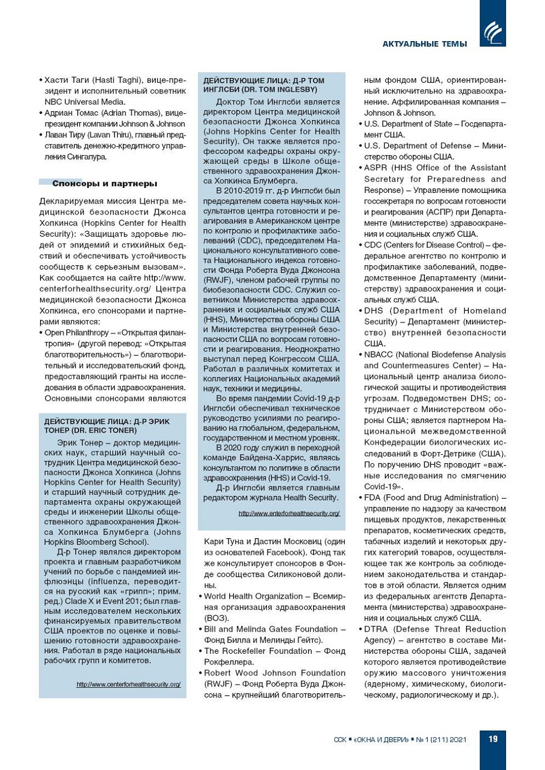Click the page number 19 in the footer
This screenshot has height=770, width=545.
(x=493, y=739)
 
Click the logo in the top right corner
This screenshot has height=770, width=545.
(x=493, y=32)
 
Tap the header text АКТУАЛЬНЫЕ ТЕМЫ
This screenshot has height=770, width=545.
(x=424, y=44)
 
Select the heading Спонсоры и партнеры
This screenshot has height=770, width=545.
(x=105, y=183)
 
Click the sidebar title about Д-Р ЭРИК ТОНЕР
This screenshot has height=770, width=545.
(x=107, y=426)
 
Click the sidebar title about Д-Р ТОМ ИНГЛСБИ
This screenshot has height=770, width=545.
(x=264, y=85)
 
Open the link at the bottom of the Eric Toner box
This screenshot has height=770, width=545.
(x=128, y=684)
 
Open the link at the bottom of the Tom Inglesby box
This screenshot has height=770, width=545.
(x=289, y=513)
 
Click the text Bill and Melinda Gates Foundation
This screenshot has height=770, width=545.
(x=271, y=629)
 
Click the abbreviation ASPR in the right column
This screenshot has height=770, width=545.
(x=376, y=168)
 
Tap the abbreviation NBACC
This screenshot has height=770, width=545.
(x=378, y=355)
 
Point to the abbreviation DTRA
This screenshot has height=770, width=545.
(x=376, y=629)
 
